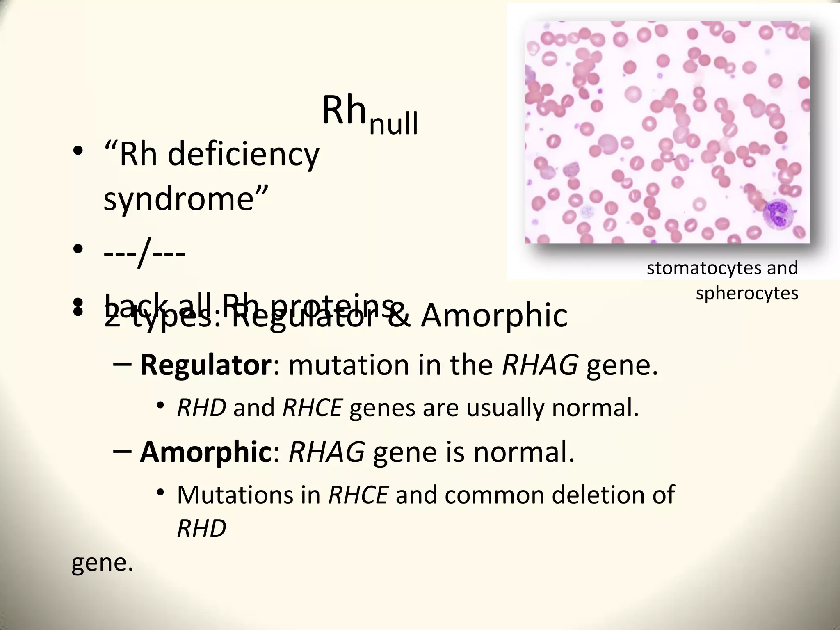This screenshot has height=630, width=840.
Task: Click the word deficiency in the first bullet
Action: click(243, 155)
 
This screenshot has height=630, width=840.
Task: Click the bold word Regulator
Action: click(205, 365)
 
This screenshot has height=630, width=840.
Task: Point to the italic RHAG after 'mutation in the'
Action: click(540, 365)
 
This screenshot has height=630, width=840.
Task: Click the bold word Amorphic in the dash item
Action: click(204, 452)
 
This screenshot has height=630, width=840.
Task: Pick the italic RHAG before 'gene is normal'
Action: click(326, 452)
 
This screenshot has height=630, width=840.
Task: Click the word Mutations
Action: click(235, 495)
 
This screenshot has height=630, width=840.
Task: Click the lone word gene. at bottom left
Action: click(102, 563)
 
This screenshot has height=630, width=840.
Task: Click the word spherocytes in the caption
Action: click(746, 293)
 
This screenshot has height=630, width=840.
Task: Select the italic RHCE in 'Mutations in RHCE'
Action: click(358, 495)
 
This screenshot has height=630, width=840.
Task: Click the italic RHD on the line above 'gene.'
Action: click(201, 528)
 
